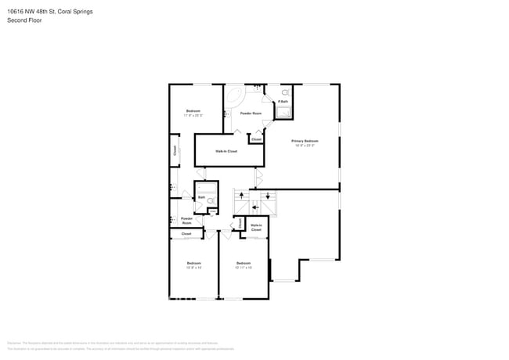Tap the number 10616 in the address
(x=15, y=12)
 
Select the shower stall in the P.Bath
(x=283, y=112)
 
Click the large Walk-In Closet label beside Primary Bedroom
(x=227, y=151)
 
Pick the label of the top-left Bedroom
(x=193, y=110)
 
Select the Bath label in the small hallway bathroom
(x=201, y=197)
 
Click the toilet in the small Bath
(x=211, y=200)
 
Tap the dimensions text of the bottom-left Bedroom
(x=193, y=268)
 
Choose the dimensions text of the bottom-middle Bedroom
(x=243, y=268)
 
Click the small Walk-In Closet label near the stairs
(x=256, y=228)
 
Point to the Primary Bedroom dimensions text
(x=305, y=146)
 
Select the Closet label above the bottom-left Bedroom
(x=186, y=234)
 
